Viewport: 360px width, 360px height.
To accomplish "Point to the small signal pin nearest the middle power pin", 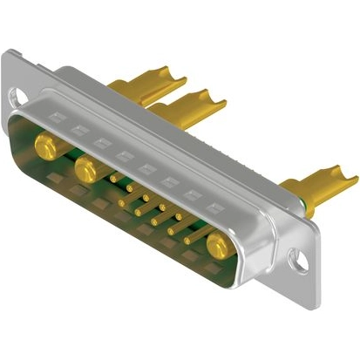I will click(115, 178).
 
